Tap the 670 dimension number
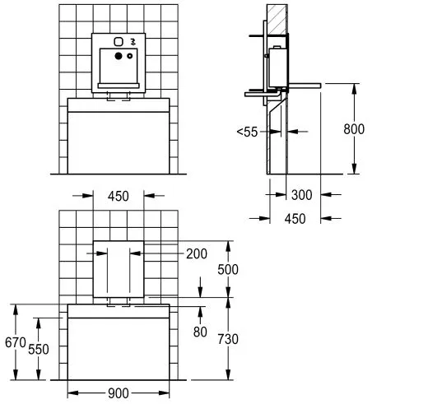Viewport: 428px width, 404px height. point(11,341)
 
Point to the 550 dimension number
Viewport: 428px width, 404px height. point(38,349)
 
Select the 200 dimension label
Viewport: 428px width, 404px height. point(197,253)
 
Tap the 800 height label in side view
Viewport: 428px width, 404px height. point(354,128)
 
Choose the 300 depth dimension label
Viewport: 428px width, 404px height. point(301,195)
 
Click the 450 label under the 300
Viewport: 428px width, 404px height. point(295,218)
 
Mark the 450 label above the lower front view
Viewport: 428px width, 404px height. point(119,196)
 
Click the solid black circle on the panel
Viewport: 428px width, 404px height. point(118,56)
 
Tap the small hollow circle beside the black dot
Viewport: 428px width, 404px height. point(129,57)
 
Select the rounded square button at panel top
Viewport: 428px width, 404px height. point(118,42)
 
